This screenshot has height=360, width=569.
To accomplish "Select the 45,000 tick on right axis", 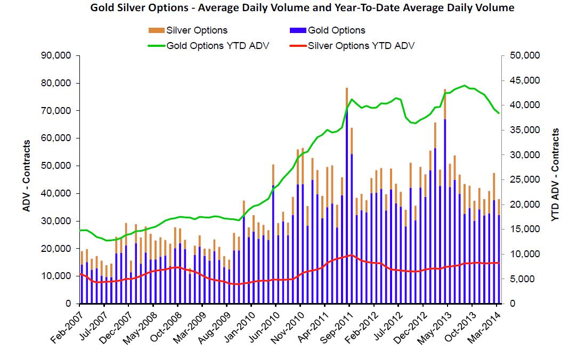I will [525, 80].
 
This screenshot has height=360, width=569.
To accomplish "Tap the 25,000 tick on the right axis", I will [525, 179].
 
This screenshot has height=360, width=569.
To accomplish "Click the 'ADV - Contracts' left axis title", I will [26, 176].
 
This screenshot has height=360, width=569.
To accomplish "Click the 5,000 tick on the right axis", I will [527, 279].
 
